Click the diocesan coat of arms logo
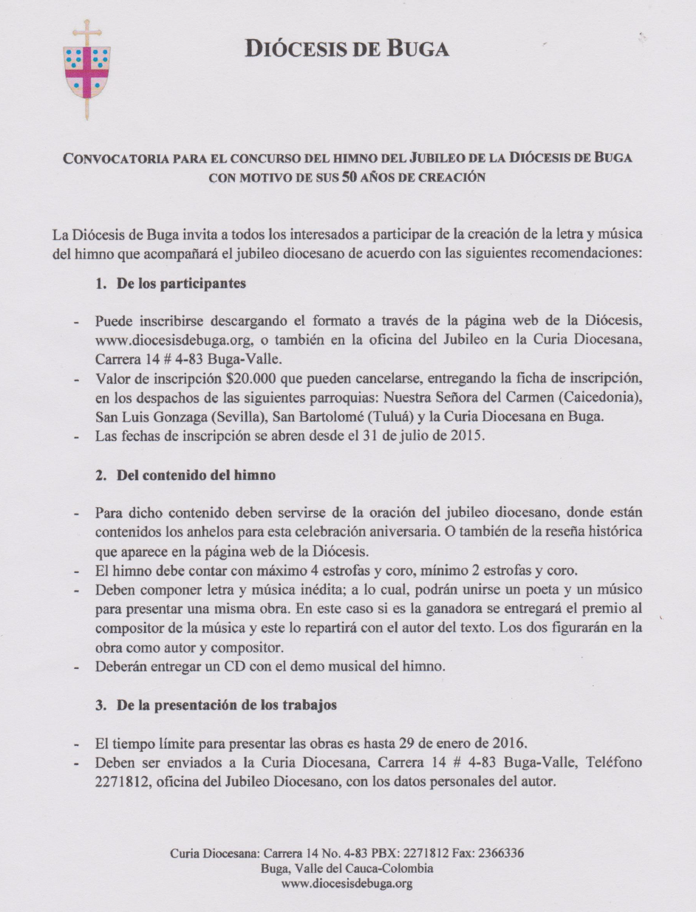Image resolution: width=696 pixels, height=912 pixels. (x=87, y=69)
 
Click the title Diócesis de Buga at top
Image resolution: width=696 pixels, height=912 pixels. (x=347, y=49)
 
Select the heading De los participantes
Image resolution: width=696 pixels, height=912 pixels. (x=181, y=284)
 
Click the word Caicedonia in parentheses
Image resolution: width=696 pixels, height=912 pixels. (x=602, y=399)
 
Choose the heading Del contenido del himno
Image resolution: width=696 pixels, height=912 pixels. (x=196, y=476)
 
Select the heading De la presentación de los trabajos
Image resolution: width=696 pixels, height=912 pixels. (x=227, y=705)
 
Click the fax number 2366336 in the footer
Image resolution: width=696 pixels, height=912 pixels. (x=502, y=854)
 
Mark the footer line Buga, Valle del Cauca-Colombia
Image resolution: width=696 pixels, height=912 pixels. (x=347, y=868)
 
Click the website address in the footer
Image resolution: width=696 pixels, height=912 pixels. (x=347, y=883)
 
